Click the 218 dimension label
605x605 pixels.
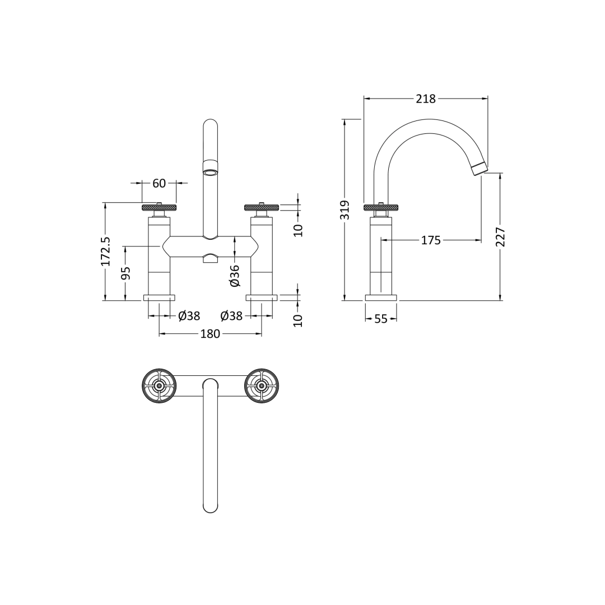click(x=425, y=99)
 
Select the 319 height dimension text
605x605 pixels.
click(x=345, y=210)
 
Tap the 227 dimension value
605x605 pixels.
click(x=500, y=236)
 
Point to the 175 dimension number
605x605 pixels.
click(x=431, y=240)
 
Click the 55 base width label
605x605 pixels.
click(x=381, y=319)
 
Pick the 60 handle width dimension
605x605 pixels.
click(x=159, y=183)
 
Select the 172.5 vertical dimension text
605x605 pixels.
click(x=105, y=251)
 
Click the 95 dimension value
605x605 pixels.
click(x=126, y=273)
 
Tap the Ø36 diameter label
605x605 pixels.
click(x=235, y=276)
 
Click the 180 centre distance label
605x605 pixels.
click(x=210, y=334)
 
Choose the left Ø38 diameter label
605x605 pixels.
click(x=189, y=316)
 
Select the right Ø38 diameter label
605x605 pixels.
click(x=231, y=316)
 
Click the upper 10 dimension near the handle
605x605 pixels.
click(x=298, y=230)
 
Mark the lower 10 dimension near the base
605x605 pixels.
click(x=298, y=320)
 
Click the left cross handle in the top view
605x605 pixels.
click(x=159, y=386)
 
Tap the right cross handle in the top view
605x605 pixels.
click(x=262, y=386)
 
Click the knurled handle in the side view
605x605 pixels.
click(x=381, y=208)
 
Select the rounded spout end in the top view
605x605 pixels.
click(x=210, y=505)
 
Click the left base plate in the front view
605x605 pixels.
click(x=159, y=298)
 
